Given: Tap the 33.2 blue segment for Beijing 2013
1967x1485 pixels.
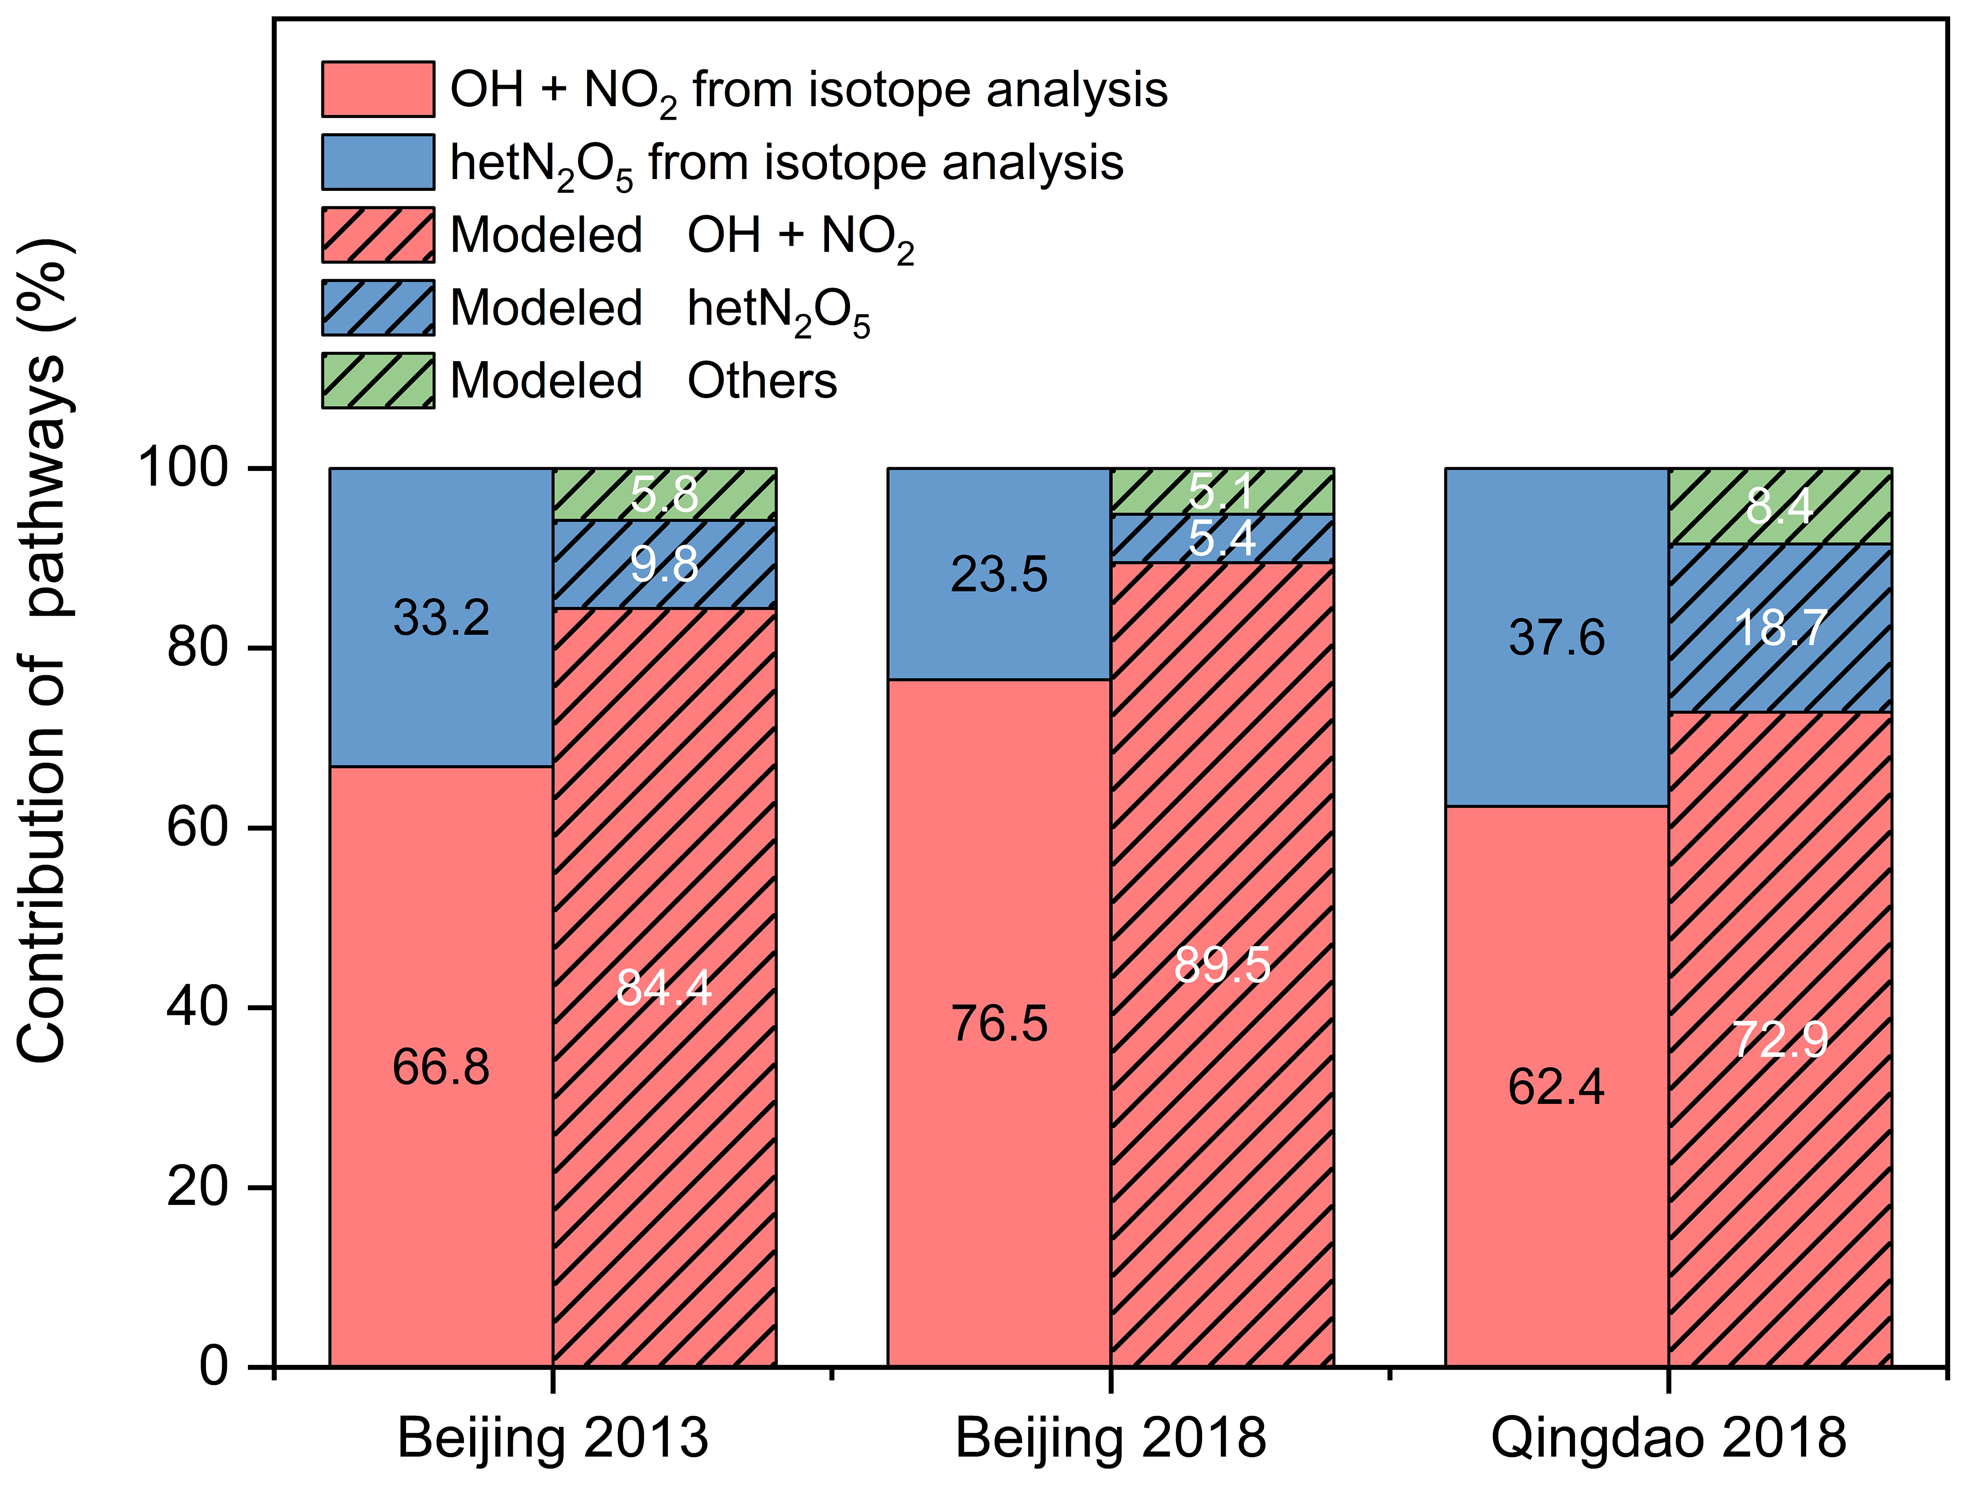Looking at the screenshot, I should click(x=441, y=617).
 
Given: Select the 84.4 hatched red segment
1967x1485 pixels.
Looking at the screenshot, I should click(x=664, y=987).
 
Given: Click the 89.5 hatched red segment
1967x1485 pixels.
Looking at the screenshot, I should click(x=1223, y=965).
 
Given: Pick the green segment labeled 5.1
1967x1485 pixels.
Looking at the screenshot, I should click(x=1223, y=491).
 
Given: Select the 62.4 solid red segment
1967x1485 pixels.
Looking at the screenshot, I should click(x=1556, y=1087).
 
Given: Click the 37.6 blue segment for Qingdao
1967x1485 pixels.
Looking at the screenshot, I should click(x=1556, y=637).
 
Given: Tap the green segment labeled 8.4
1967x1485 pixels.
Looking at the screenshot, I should click(x=1780, y=506).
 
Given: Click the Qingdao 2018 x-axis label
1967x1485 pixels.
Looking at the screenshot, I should click(x=1668, y=1438).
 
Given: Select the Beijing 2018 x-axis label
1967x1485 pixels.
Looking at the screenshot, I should click(x=1111, y=1438).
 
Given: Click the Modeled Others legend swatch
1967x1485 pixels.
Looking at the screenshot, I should click(x=378, y=381).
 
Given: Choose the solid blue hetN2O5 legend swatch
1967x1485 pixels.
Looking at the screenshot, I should click(x=378, y=162).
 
